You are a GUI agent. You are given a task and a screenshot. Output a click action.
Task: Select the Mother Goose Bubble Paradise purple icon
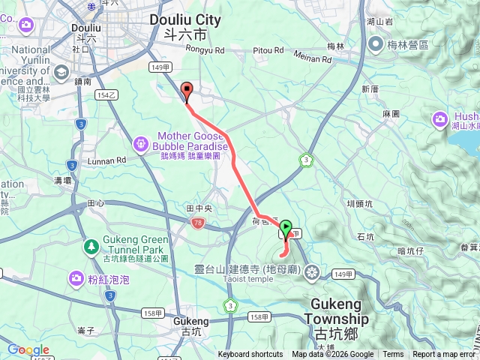click(141, 142)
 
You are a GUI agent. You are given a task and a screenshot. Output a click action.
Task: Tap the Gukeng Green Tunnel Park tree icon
click(90, 245)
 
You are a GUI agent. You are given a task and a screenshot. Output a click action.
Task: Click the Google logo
click(28, 349)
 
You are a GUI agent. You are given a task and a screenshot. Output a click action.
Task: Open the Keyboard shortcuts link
click(250, 355)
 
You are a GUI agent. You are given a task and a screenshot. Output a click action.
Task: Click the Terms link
click(393, 355)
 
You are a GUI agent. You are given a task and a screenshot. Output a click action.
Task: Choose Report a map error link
click(443, 355)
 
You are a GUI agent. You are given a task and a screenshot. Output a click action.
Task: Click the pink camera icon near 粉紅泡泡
click(76, 279)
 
